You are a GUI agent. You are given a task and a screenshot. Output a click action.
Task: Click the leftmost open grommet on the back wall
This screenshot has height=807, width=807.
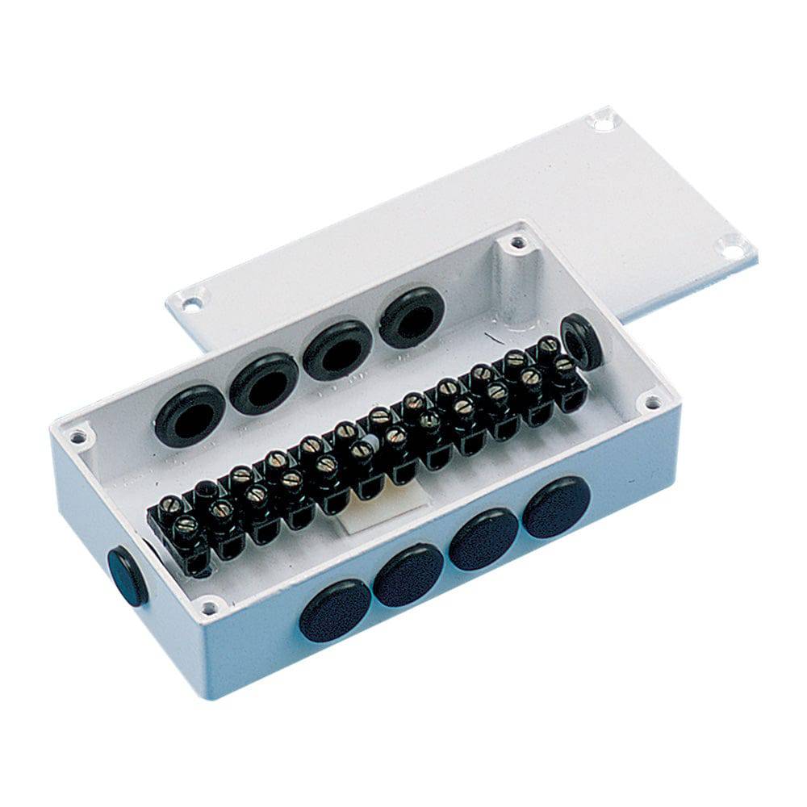(189, 415)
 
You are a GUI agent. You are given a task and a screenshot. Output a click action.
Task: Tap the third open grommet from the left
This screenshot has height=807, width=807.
(337, 349)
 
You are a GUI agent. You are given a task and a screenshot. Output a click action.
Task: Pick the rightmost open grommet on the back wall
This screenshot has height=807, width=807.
(412, 318)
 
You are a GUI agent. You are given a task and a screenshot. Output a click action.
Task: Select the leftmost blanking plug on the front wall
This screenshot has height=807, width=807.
(335, 611)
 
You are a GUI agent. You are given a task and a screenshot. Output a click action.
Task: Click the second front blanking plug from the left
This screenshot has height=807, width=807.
(408, 575)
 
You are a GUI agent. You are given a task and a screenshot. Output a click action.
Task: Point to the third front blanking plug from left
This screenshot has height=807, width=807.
(483, 538)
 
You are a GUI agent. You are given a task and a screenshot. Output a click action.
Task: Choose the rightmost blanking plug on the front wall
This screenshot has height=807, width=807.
(556, 507)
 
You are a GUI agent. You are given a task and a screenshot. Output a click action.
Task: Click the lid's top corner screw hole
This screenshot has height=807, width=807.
(602, 122)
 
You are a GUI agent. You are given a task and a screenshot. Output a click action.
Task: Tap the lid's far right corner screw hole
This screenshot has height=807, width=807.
(731, 248)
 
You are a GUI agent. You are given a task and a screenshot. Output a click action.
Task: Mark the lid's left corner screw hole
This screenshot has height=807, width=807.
(190, 304)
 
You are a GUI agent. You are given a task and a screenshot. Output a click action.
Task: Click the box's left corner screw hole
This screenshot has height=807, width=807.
(77, 437)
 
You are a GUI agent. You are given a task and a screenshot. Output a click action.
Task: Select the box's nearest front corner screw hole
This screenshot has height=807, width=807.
(209, 604)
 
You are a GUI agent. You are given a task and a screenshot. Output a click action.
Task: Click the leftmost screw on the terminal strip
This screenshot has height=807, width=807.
(169, 506)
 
